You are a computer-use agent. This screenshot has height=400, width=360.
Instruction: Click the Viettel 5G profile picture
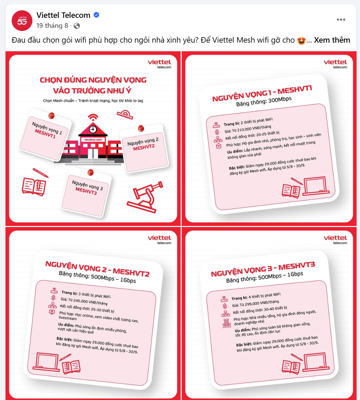(x=22, y=21)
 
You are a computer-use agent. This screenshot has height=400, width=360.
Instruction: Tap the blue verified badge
(x=96, y=15)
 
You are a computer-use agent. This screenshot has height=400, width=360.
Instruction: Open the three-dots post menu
(x=341, y=20)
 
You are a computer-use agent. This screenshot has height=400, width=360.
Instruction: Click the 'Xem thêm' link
(x=332, y=40)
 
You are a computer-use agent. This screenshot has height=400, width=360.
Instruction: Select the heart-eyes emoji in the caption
(x=301, y=41)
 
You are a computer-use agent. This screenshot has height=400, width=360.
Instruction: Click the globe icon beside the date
(x=77, y=26)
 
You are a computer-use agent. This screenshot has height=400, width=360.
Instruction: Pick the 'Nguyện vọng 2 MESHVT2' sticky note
(x=144, y=149)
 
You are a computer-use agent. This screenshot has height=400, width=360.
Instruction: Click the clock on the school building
(x=93, y=129)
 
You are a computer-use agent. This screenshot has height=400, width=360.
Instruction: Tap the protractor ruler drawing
(x=125, y=115)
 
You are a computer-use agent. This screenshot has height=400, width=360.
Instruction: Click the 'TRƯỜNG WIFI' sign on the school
(x=93, y=140)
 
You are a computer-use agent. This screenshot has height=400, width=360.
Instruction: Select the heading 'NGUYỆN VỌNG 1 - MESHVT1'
(x=262, y=94)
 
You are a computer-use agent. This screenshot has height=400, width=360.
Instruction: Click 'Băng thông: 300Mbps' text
(x=264, y=101)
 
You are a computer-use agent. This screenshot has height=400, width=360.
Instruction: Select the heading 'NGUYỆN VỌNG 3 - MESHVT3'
(x=263, y=269)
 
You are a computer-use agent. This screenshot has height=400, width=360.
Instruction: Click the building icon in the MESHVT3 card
(x=227, y=323)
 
